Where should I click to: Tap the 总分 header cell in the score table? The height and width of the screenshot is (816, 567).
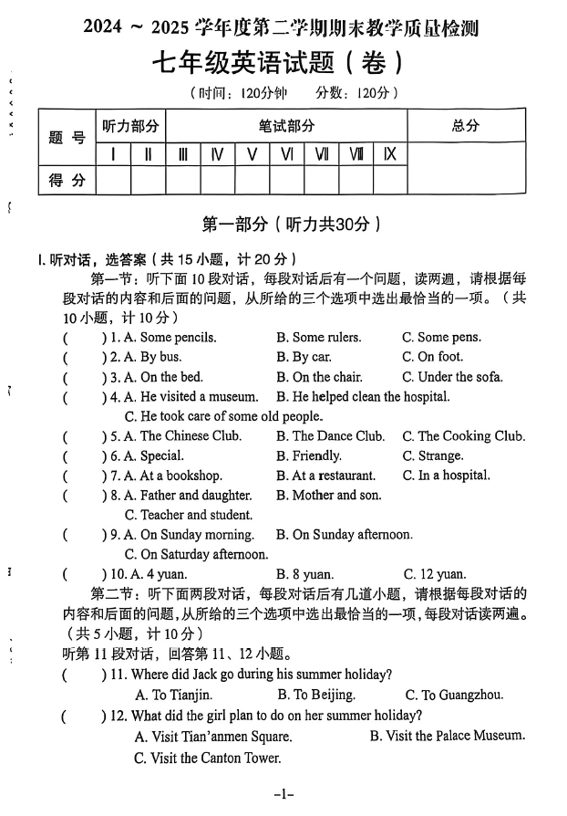coord(465,127)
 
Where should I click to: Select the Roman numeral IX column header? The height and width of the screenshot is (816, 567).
coord(389,154)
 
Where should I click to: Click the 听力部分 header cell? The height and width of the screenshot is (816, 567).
coord(130,127)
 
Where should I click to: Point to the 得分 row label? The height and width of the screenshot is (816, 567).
coord(67,181)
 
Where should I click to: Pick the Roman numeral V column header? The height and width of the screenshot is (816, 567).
coord(252,154)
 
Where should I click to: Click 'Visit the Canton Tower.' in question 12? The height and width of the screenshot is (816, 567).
coord(207,758)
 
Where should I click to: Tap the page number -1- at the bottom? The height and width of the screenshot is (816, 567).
coord(283,794)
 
